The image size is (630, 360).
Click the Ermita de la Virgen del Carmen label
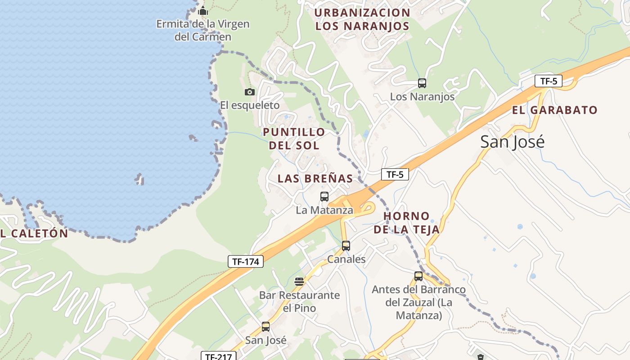202,30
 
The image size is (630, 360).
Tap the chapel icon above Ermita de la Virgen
203,10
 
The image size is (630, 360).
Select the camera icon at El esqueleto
249,92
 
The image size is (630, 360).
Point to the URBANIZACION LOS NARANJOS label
362,19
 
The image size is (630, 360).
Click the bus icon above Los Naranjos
422,83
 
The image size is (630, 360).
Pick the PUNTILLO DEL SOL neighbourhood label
294,139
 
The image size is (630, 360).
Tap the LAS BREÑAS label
315,178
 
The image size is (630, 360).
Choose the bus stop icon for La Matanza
324,196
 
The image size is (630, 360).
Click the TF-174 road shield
245,261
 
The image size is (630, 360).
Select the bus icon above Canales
346,246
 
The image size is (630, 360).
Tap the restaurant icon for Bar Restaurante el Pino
299,282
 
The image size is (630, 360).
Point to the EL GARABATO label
554,110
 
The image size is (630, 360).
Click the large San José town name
512,142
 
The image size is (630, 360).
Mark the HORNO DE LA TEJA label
406,223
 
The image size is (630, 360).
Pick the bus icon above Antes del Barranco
418,276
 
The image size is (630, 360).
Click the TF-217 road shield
218,356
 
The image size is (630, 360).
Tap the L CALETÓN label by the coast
34,234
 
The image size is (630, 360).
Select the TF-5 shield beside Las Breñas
395,174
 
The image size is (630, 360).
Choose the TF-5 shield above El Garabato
549,81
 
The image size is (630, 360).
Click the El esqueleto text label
250,105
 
